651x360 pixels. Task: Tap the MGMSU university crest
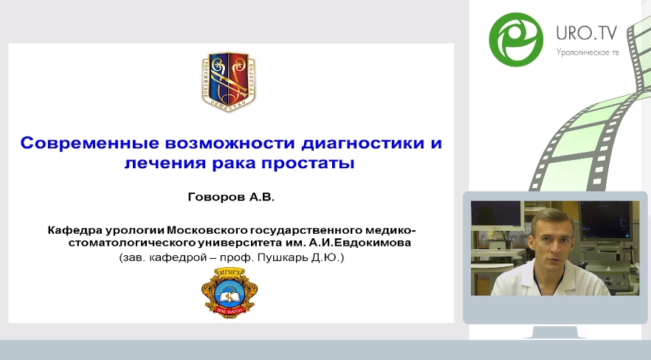click(228, 292)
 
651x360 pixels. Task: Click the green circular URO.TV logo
click(516, 39)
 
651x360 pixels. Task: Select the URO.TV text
click(586, 32)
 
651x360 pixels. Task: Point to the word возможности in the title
click(230, 143)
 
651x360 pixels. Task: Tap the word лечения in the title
click(165, 162)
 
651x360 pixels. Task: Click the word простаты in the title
click(308, 163)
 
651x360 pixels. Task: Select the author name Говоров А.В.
click(231, 196)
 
